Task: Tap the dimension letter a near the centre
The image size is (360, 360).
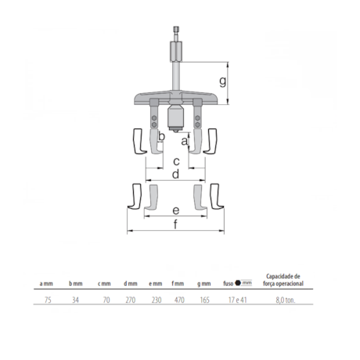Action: [x=184, y=141]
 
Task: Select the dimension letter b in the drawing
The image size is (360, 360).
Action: [x=161, y=137]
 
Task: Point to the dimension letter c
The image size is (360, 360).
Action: [x=176, y=160]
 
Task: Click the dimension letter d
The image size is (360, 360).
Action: [x=176, y=173]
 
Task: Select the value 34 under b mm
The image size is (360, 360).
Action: [x=75, y=299]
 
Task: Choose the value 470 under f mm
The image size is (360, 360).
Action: [x=178, y=299]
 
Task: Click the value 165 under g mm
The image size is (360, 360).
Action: [x=203, y=299]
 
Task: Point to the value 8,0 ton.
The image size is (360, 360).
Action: [x=285, y=299]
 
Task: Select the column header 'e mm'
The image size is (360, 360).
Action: [x=153, y=283]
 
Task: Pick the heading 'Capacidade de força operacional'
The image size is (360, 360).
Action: [x=285, y=279]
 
